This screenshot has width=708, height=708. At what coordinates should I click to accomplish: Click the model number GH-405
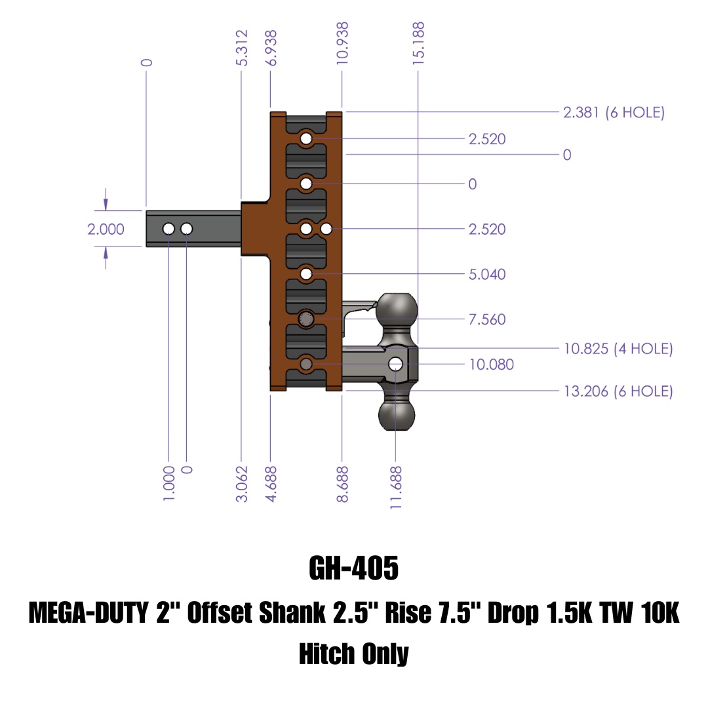coord(353,568)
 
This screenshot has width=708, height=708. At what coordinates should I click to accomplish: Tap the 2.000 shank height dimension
coord(106,229)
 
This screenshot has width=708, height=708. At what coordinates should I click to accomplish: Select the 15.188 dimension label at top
coord(418,43)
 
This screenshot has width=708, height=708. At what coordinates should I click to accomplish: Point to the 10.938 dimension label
coord(342,43)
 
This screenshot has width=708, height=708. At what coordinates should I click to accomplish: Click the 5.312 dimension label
coord(242,48)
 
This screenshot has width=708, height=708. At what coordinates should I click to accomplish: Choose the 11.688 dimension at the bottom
coord(395,488)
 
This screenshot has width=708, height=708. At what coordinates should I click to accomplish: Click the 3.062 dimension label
coord(242,484)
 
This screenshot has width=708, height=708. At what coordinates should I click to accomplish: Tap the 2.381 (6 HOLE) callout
coord(614,112)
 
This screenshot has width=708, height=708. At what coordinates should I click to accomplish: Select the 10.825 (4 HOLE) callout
coord(618,349)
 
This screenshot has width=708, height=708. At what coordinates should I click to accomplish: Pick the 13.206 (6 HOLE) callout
coord(618,391)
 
